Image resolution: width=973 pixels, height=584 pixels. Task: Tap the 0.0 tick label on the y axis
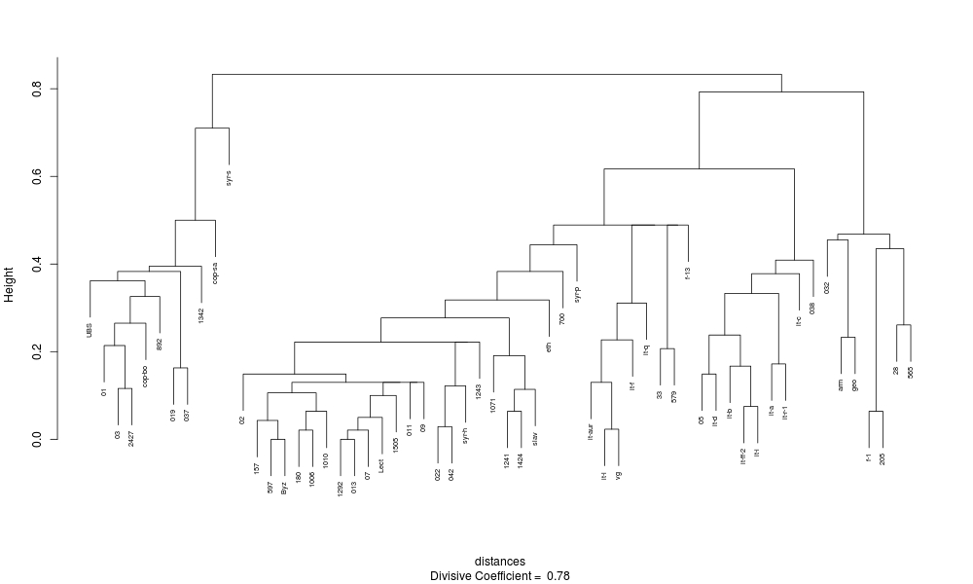[x=36, y=440]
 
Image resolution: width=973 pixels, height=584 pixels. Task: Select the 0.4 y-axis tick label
[x=36, y=264]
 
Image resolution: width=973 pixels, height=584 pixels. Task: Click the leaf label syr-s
[x=229, y=177]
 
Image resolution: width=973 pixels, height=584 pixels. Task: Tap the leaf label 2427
[x=131, y=440]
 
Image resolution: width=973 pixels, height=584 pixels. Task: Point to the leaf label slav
[x=535, y=437]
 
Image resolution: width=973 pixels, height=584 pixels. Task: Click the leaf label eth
[x=549, y=345]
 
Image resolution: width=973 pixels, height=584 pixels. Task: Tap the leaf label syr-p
[x=577, y=293]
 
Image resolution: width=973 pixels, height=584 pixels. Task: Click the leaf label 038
[x=812, y=293]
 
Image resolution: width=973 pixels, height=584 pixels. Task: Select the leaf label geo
[x=854, y=384]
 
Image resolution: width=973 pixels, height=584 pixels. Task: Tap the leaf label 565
[x=910, y=372]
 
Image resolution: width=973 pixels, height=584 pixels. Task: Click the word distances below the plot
[x=500, y=562]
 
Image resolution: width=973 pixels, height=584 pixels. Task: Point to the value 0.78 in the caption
[x=558, y=576]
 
